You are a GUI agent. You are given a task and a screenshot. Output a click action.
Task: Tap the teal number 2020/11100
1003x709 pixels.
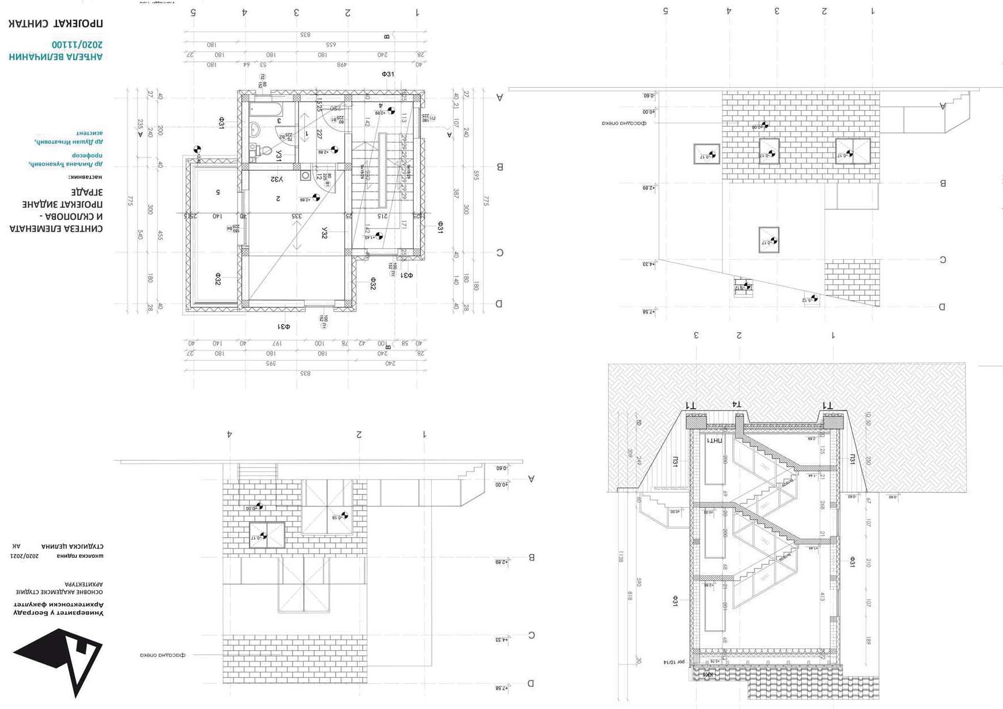[77, 45]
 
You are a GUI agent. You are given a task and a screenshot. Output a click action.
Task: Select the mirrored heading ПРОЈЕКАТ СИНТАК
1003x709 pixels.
[55, 24]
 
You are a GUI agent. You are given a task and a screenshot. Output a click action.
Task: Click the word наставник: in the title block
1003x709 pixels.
[85, 177]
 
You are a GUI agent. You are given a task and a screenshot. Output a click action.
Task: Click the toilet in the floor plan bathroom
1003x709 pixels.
[262, 152]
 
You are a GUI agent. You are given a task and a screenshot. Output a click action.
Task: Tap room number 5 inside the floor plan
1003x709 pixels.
[218, 192]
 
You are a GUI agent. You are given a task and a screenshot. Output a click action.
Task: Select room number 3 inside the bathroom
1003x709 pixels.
[279, 121]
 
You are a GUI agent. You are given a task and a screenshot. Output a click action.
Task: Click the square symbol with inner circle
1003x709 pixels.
[305, 175]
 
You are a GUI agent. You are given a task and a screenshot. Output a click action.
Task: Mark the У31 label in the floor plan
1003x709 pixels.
[279, 155]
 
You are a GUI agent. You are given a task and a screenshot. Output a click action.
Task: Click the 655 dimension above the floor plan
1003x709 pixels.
[331, 45]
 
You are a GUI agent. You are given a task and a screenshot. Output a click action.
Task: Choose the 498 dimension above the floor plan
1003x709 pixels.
[342, 65]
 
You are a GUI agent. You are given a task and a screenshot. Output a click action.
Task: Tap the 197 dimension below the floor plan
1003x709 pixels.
[277, 343]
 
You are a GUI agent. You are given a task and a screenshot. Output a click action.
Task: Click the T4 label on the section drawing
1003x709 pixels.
[737, 404]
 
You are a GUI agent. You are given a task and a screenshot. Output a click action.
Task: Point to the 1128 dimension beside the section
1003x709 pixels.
[621, 556]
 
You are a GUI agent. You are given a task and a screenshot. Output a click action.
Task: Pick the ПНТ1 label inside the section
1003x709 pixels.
[715, 441]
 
